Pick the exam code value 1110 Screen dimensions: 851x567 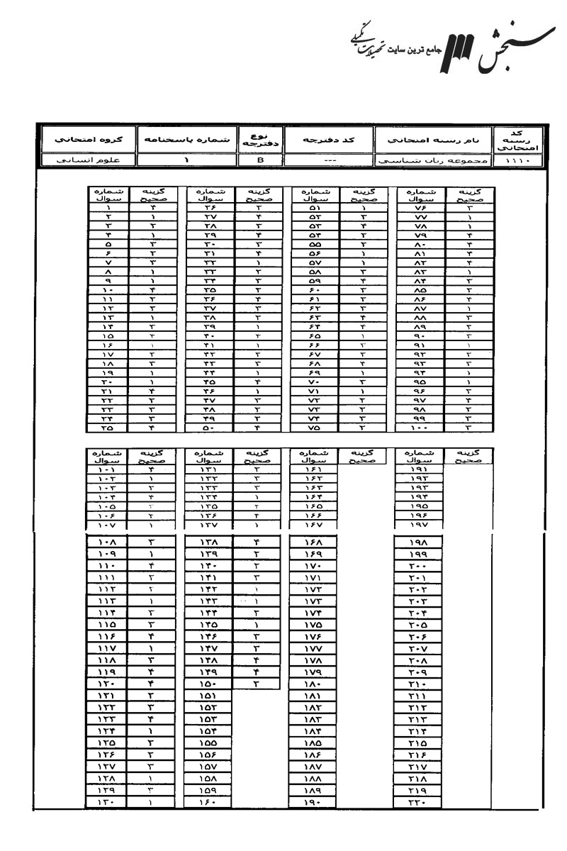click(523, 161)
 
